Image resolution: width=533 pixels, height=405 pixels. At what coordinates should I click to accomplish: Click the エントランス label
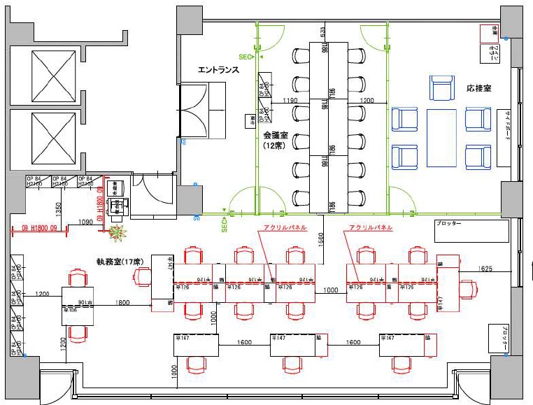click(x=218, y=70)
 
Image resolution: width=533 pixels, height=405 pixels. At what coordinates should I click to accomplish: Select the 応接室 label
click(x=478, y=89)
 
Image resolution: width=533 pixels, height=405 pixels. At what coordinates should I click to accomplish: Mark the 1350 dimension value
click(x=59, y=208)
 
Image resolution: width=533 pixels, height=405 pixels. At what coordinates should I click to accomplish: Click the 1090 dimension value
click(x=84, y=222)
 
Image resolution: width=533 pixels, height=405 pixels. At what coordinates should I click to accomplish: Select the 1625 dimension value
click(x=488, y=269)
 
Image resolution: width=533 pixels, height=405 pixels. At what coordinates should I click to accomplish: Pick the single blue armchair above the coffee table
click(x=441, y=89)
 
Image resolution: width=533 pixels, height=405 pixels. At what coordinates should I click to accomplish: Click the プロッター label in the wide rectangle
click(x=448, y=224)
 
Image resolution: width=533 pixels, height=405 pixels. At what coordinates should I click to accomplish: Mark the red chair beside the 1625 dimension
click(x=467, y=287)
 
